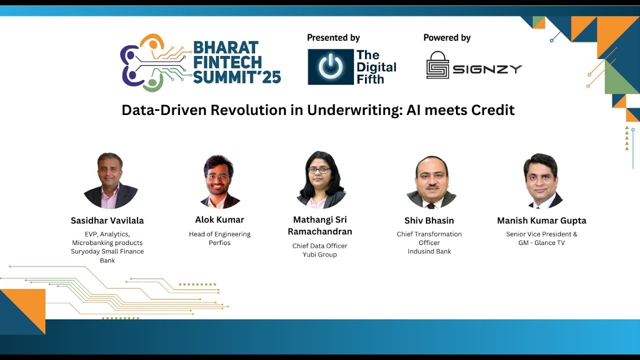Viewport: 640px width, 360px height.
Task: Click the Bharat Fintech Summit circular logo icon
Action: pyautogui.click(x=150, y=62)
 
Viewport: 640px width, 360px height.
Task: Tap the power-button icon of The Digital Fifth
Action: pyautogui.click(x=330, y=66)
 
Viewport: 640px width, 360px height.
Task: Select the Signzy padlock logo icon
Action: pyautogui.click(x=437, y=65)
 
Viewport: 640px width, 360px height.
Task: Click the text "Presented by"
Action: pyautogui.click(x=333, y=37)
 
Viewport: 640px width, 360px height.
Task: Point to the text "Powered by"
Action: pyautogui.click(x=447, y=37)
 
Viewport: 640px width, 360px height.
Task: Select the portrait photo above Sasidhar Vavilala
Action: pyautogui.click(x=110, y=180)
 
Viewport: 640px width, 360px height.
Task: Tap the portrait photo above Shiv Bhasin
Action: pyautogui.click(x=431, y=181)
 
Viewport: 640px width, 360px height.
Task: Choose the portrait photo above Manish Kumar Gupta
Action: pyautogui.click(x=541, y=181)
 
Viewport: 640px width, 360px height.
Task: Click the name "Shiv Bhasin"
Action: pyautogui.click(x=429, y=220)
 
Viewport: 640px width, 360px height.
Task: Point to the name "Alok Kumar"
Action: pyautogui.click(x=219, y=219)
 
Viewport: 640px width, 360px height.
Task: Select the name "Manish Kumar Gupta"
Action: pyautogui.click(x=541, y=220)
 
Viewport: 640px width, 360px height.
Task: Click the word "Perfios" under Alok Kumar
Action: pyautogui.click(x=219, y=243)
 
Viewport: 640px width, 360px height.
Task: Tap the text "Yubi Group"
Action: pyautogui.click(x=319, y=254)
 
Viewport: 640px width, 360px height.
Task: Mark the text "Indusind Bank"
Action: pyautogui.click(x=429, y=251)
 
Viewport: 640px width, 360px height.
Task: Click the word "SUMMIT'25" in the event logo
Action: pyautogui.click(x=237, y=76)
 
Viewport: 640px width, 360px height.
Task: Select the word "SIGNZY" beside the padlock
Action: pyautogui.click(x=487, y=69)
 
